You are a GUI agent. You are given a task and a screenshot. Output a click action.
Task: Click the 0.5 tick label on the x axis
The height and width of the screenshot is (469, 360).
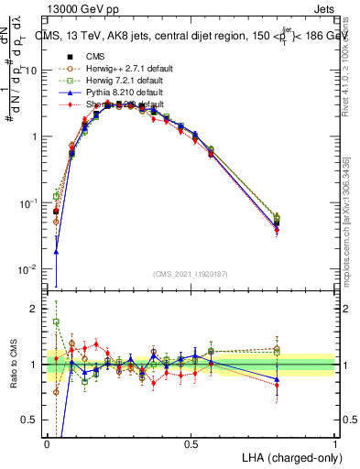[x=191, y=443]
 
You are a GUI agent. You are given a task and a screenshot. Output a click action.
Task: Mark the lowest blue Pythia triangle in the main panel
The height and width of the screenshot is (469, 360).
[x=56, y=251]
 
